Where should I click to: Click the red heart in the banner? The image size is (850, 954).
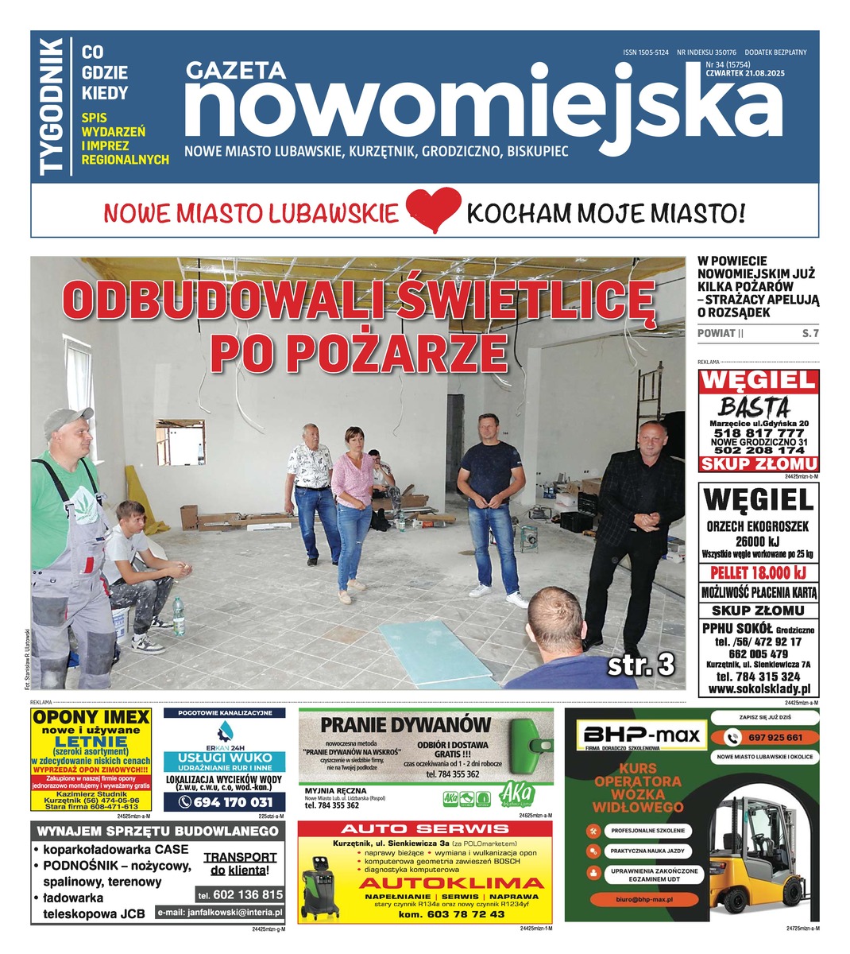click(x=434, y=211)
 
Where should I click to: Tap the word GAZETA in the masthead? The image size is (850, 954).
click(x=236, y=71)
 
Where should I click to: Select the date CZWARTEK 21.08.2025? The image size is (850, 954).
click(x=744, y=74)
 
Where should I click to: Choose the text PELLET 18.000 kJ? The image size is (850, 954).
click(x=759, y=572)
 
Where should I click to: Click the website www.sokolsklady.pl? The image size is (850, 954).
click(x=759, y=690)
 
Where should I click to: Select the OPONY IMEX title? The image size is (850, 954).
click(x=91, y=717)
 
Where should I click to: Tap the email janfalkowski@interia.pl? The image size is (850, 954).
click(x=218, y=913)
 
